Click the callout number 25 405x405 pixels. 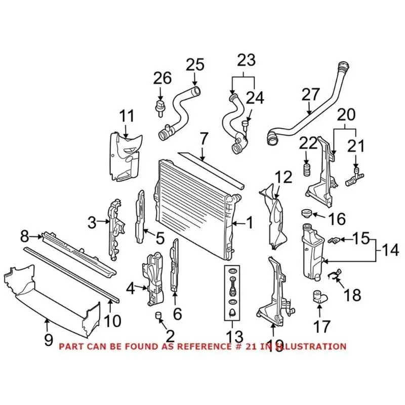point(194,65)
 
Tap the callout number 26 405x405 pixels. point(162,78)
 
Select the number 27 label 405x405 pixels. point(311,94)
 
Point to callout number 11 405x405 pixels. point(127,116)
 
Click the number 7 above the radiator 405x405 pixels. point(204,138)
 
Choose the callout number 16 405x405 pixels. point(337,219)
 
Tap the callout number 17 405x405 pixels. point(321,327)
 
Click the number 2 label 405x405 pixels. point(170,335)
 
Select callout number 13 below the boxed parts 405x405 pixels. point(235,337)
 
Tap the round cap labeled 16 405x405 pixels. point(306,213)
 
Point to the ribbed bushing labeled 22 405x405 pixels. point(306,169)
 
